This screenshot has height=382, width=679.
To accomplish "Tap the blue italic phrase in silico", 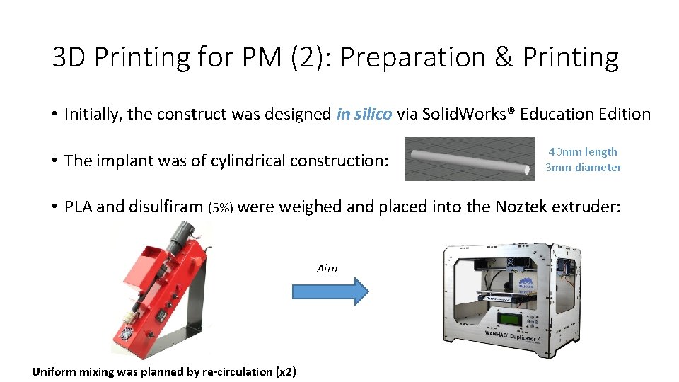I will coord(364,114).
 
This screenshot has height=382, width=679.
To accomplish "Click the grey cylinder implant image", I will coord(470,159).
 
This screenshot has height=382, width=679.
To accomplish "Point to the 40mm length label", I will coord(583,151).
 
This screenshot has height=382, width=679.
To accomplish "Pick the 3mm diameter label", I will coord(583,168).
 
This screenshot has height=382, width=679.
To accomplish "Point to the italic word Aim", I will coord(327,268).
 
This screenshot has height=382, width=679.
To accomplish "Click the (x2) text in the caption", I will coord(286,371).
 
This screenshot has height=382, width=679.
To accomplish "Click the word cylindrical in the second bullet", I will coord(248,161).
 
